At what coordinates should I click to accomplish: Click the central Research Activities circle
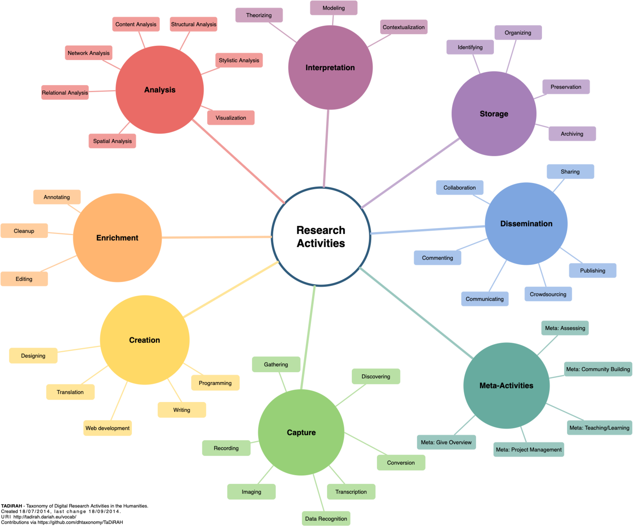[x=321, y=237]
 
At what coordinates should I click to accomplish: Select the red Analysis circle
[x=160, y=90]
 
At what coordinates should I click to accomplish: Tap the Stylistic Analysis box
[x=239, y=60]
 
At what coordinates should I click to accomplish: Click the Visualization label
[x=231, y=118]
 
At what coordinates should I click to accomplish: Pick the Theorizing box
[x=259, y=15]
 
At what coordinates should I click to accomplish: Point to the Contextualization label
[x=404, y=27]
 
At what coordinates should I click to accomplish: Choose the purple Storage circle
[x=494, y=114]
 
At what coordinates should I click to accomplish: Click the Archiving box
[x=572, y=134]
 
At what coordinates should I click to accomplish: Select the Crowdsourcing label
[x=548, y=294]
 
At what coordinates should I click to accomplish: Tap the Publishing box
[x=593, y=271]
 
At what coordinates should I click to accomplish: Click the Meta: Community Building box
[x=598, y=369]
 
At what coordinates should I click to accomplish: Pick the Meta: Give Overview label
[x=446, y=442]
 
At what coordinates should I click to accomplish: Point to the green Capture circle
[x=301, y=432]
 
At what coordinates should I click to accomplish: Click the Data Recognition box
[x=326, y=519]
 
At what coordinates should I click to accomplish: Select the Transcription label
[x=351, y=492]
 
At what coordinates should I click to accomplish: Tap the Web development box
[x=107, y=428]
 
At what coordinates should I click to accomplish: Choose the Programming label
[x=215, y=383]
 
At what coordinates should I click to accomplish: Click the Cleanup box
[x=24, y=231]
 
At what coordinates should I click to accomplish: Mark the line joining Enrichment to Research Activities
[x=216, y=237]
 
